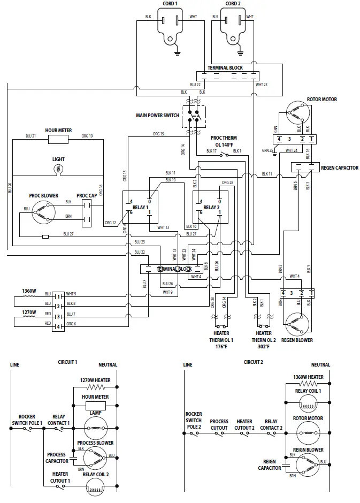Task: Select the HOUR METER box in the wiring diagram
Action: click(58, 140)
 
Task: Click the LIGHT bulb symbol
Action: click(58, 169)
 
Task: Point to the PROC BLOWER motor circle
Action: click(43, 213)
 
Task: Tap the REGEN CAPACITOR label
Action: click(339, 167)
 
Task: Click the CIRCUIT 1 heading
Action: click(67, 362)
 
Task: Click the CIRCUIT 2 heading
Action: click(254, 362)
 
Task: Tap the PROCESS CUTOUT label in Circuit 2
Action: click(219, 425)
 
